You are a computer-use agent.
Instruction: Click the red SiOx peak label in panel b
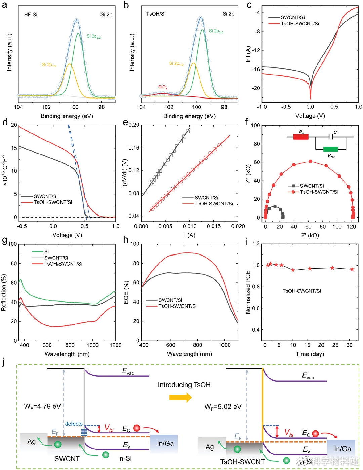pos(163,87)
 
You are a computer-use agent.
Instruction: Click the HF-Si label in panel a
pos(31,15)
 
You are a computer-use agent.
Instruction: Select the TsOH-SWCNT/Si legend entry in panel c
pos(300,24)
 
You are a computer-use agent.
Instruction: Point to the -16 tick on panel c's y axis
pos(257,69)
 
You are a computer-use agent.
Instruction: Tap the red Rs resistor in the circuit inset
pos(301,137)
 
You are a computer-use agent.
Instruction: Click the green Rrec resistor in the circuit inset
pos(330,149)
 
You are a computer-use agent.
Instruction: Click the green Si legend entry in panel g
pos(46,251)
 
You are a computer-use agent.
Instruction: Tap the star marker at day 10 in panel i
pos(293,270)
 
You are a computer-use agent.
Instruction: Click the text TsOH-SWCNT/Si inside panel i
pos(301,291)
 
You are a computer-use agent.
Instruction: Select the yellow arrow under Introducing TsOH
pos(180,398)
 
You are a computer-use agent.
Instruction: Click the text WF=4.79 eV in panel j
pos(42,406)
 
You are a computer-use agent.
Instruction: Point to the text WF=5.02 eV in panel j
pos(223,407)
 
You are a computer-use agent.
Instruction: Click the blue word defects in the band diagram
pos(74,424)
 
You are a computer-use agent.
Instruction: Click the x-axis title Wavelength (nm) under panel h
pos(189,354)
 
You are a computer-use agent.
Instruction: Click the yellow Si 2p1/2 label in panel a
pos(49,65)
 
